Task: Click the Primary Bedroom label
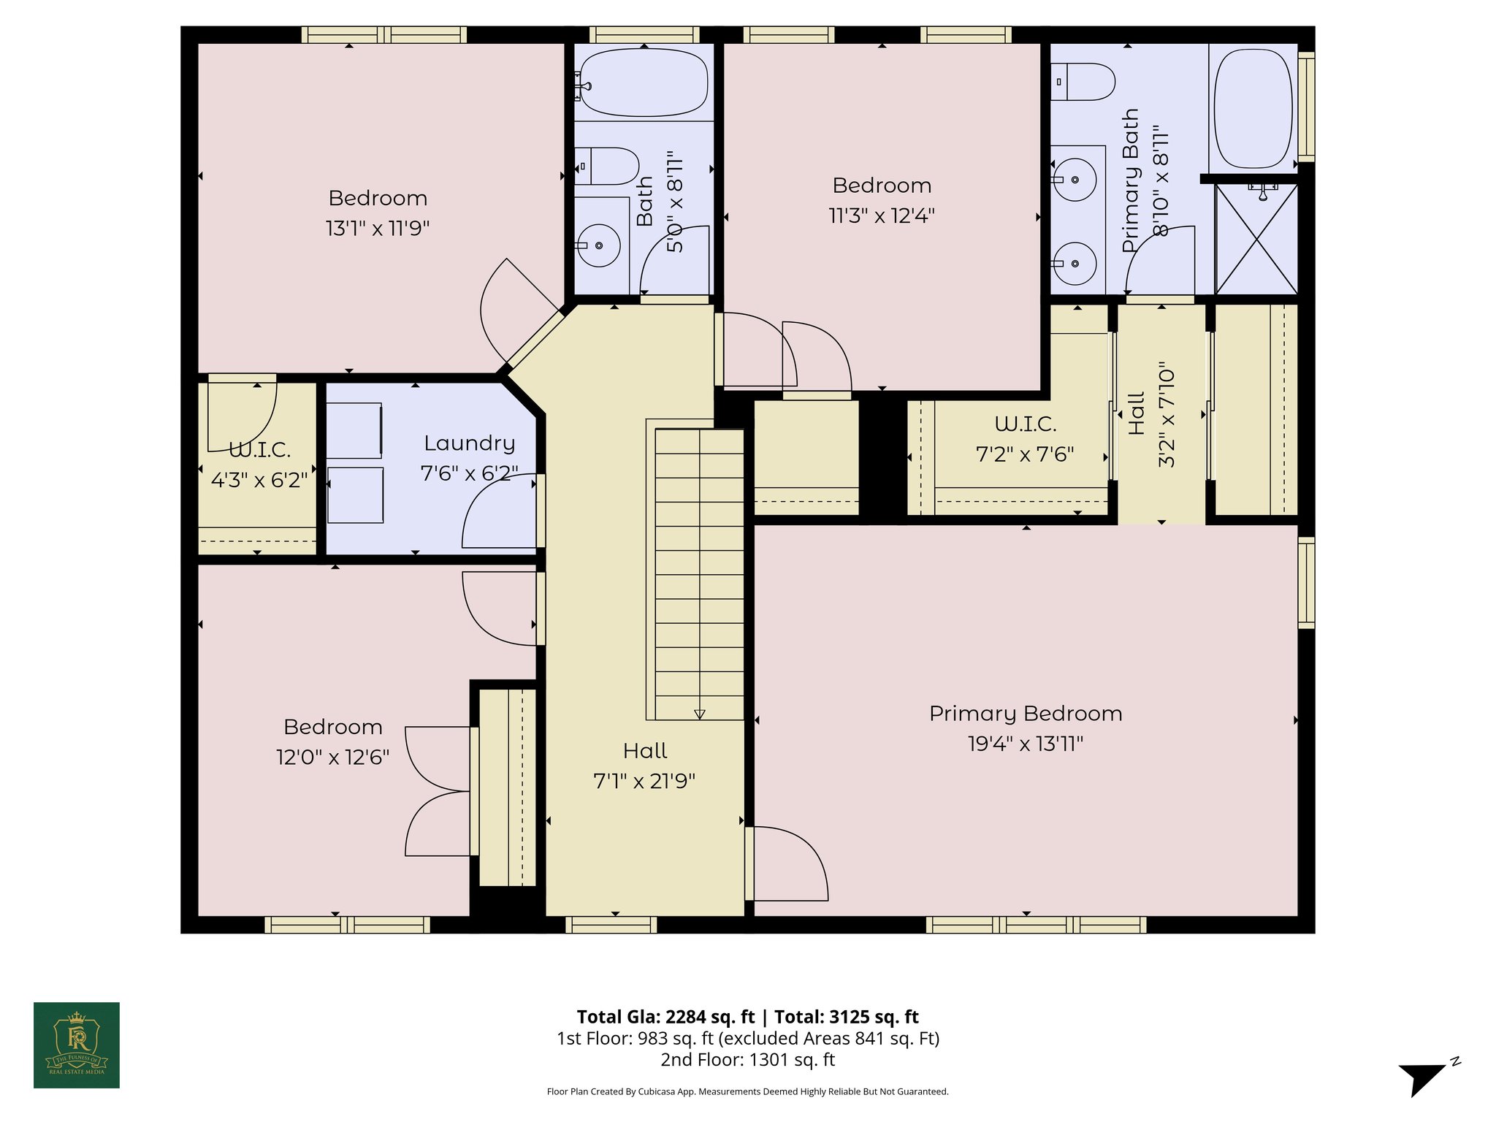click(1025, 714)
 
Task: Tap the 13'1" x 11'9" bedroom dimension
click(377, 229)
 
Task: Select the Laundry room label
click(469, 443)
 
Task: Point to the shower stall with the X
click(1256, 240)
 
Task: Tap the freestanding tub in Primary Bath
click(1252, 107)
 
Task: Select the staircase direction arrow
click(699, 714)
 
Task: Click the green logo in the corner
click(77, 1045)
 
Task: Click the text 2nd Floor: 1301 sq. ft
click(747, 1059)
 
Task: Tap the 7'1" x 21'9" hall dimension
click(644, 782)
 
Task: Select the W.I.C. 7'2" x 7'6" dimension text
click(1024, 455)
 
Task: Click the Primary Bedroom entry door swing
click(789, 863)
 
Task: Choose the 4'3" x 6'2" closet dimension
click(259, 481)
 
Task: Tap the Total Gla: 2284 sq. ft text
click(665, 1017)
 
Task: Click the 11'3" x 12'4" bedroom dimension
click(882, 216)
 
